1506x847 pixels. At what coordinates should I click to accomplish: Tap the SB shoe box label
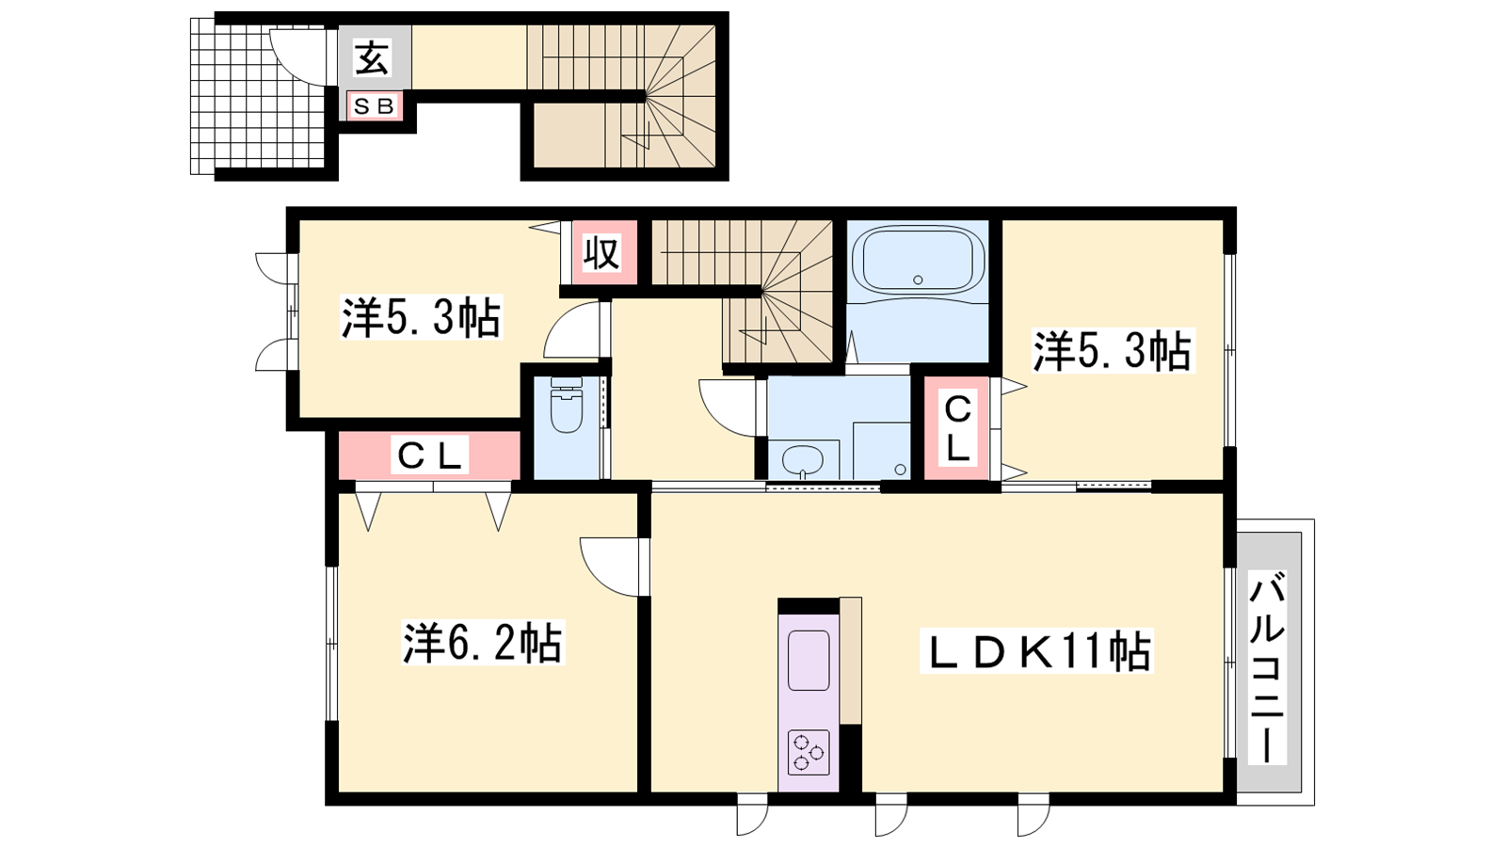tap(374, 106)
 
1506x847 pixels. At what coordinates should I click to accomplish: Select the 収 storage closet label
tap(601, 253)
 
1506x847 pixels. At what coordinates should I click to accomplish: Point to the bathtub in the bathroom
tap(918, 260)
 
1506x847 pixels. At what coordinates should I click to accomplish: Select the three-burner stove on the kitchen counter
tap(809, 753)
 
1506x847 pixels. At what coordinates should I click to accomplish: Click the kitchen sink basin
tap(809, 660)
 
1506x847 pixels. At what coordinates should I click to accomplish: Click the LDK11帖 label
tap(1037, 650)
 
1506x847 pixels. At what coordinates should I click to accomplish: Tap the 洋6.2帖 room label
tap(484, 643)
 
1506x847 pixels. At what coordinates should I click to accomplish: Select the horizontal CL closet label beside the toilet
tap(429, 456)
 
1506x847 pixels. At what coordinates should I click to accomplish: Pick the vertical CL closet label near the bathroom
tap(957, 429)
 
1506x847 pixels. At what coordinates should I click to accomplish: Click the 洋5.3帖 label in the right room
tap(1113, 350)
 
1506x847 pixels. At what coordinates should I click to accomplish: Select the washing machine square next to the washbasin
tap(881, 451)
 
